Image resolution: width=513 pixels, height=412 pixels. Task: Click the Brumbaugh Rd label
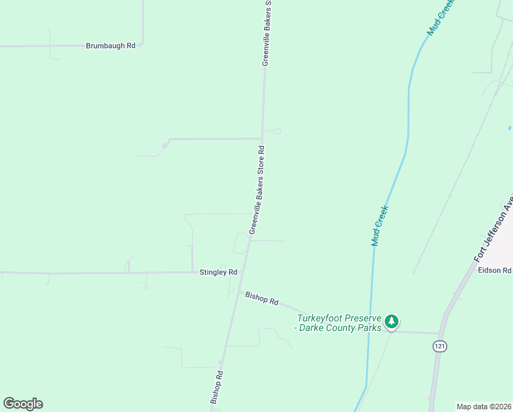pos(110,46)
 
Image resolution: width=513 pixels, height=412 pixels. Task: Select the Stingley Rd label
pos(218,273)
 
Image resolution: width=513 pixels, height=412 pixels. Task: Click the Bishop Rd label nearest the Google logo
pos(217,387)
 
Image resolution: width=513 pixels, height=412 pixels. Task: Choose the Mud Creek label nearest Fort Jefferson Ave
pos(379,225)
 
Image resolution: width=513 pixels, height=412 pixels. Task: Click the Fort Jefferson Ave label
pos(494,231)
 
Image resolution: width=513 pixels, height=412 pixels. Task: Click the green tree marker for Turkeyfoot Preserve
pos(391,321)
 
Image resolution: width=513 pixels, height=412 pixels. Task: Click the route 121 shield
pos(439,346)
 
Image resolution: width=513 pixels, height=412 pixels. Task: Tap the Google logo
pos(23,404)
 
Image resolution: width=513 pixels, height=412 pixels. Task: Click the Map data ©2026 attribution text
pos(484,407)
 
